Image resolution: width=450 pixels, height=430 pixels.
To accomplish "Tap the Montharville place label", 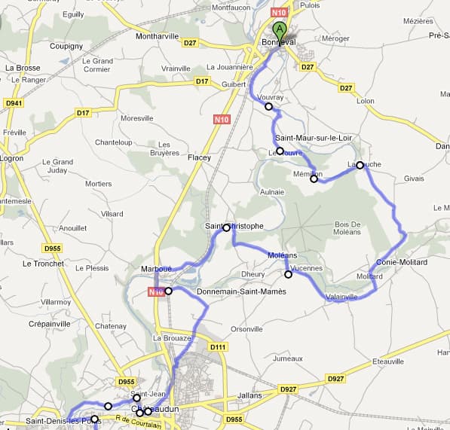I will [156, 36].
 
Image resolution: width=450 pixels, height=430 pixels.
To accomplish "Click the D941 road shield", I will [14, 102].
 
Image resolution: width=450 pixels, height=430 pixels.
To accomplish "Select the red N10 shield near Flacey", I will [221, 119].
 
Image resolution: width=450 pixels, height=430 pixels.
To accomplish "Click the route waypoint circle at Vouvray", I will [268, 107].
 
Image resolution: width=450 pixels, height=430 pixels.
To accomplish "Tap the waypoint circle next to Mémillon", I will [314, 179].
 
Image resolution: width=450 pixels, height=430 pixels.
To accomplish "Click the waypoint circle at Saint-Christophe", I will [226, 227].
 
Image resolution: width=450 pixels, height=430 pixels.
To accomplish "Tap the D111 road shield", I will [218, 347].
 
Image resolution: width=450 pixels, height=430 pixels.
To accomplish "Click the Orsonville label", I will [246, 329].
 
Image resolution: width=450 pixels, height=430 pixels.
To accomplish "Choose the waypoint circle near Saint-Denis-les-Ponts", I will [94, 419].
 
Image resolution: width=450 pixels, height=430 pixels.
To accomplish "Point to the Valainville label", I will [342, 297].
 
